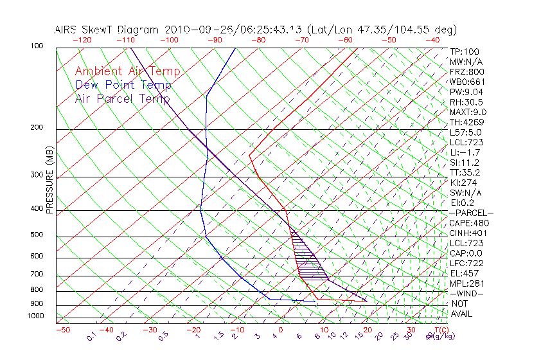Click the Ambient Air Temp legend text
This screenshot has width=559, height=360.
127,71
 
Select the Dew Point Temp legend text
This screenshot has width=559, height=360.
123,85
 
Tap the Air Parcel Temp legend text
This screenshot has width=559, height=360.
122,98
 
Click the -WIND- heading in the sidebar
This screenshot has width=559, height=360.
467,293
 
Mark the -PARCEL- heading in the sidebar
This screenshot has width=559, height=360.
471,213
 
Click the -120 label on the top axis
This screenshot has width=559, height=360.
81,40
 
